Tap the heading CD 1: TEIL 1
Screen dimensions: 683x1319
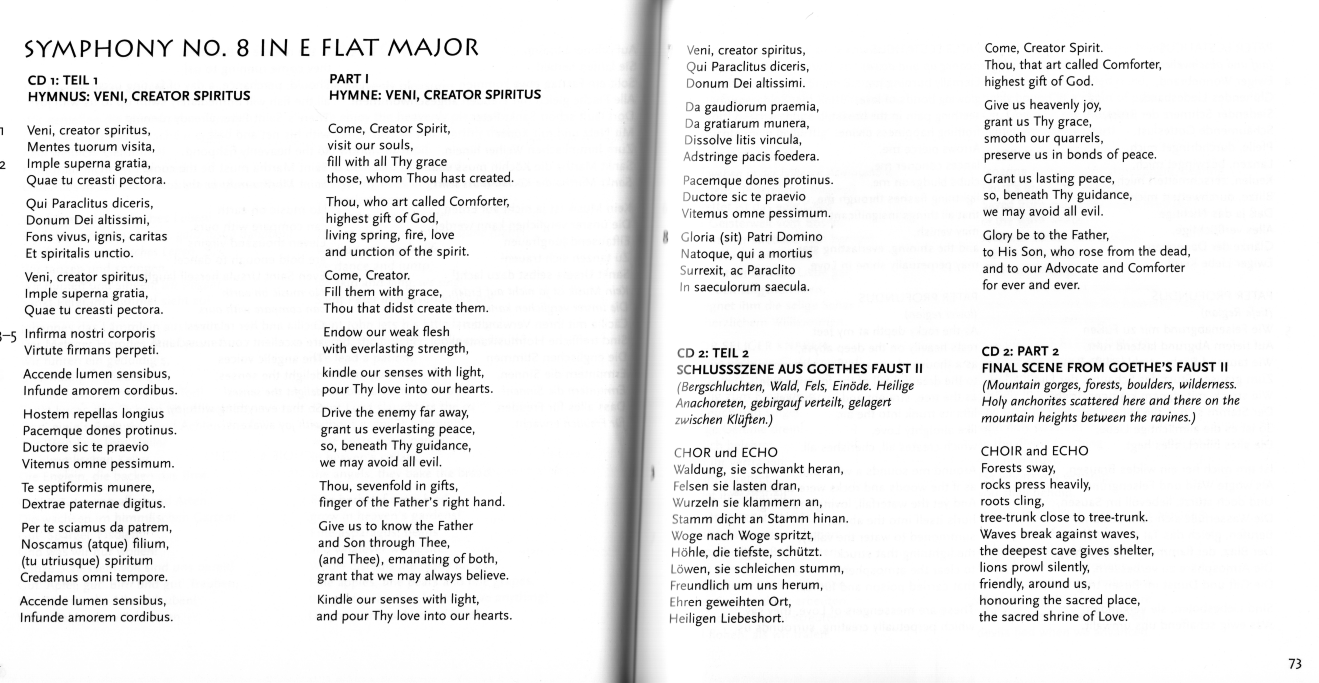(63, 80)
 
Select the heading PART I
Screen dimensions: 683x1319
(349, 79)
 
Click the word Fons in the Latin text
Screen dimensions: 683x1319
(37, 237)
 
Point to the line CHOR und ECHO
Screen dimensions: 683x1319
(725, 453)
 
